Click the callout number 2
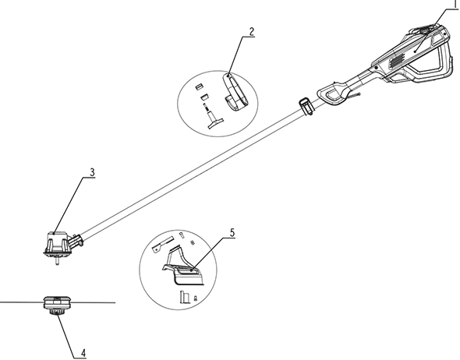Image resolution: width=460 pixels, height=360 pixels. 252,32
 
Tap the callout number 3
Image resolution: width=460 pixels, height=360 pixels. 93,173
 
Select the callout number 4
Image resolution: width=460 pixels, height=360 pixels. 83,352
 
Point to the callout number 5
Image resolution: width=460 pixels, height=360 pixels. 232,233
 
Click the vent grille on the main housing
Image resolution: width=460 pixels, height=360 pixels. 396,62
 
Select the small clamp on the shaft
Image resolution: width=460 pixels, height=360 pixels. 306,107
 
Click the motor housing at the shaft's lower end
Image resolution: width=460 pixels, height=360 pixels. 58,243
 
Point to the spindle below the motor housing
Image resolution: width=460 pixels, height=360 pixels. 57,260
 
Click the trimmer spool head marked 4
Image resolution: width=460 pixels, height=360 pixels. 57,302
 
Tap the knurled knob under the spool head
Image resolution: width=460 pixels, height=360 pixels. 55,312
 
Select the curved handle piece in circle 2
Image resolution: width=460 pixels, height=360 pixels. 235,93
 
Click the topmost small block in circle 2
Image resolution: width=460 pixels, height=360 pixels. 200,86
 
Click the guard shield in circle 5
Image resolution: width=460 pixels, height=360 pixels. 184,269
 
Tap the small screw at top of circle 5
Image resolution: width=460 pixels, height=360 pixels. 182,235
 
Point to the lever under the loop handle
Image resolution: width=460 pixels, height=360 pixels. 354,95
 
